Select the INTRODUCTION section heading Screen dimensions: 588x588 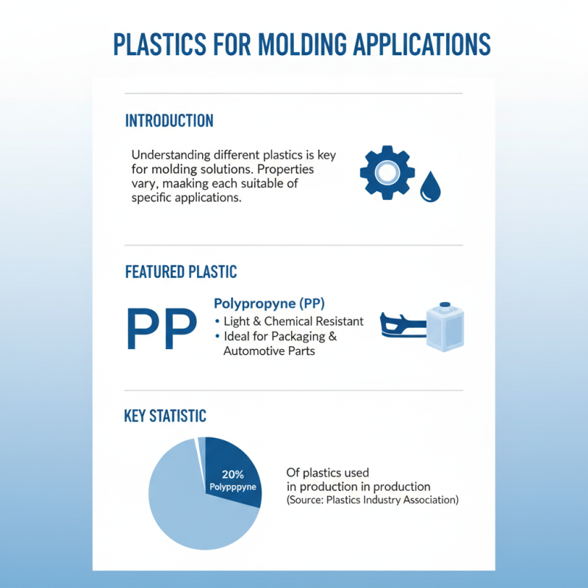tap(169, 121)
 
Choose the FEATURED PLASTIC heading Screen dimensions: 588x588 tap(181, 272)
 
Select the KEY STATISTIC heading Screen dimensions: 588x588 tap(165, 416)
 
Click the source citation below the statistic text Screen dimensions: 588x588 tap(372, 500)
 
